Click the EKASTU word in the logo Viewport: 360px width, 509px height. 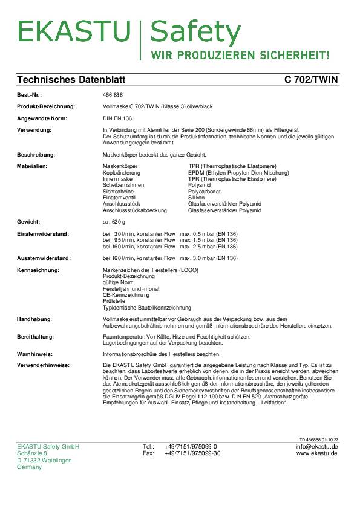click(x=73, y=32)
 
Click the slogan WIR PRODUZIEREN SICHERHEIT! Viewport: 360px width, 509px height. click(x=240, y=55)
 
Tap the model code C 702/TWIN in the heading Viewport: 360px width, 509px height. click(x=311, y=80)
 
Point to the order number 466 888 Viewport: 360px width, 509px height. click(x=113, y=96)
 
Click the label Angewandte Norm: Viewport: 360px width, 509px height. click(x=41, y=118)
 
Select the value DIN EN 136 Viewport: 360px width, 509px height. click(x=117, y=118)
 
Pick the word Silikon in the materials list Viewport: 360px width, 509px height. click(x=197, y=198)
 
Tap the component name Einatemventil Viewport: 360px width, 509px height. click(x=120, y=198)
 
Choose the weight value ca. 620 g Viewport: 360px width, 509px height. click(x=116, y=222)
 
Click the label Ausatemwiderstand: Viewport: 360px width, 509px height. click(x=44, y=258)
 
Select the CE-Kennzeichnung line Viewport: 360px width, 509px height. click(x=126, y=294)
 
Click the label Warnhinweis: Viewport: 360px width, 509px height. click(x=35, y=354)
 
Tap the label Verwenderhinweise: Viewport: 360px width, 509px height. click(x=43, y=366)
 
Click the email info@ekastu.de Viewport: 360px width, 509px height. click(x=316, y=446)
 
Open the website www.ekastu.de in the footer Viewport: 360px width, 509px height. click(x=317, y=453)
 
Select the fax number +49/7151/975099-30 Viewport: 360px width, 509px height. click(x=192, y=453)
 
